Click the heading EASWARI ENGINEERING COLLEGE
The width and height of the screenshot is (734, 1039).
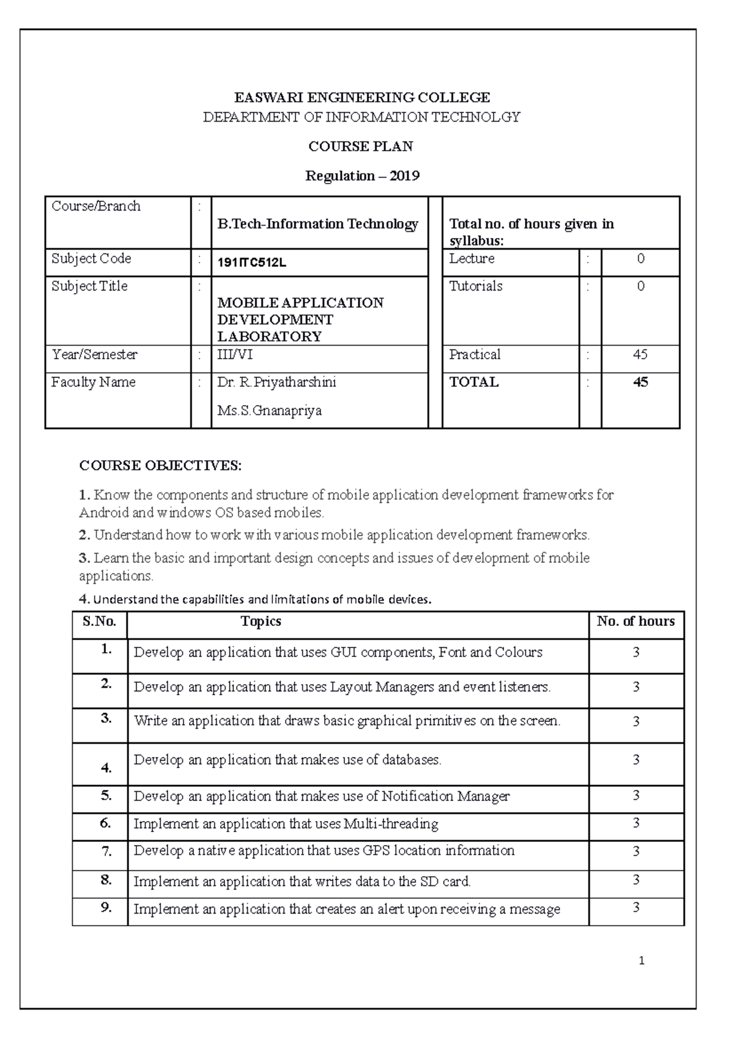point(362,97)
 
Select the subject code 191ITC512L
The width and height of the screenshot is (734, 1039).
point(251,263)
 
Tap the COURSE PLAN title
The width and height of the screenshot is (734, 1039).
point(360,146)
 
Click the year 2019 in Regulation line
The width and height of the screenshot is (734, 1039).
point(404,176)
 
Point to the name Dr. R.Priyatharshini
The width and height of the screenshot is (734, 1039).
point(276,382)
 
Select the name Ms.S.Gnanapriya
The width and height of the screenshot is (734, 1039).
point(269,411)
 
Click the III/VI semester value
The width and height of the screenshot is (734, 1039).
point(235,355)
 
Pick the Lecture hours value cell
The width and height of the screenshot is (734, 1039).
point(640,259)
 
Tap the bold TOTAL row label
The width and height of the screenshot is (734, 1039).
point(474,382)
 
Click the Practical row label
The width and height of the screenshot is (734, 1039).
point(475,355)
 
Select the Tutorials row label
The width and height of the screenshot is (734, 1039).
point(475,286)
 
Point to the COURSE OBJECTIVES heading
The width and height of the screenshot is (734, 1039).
point(160,466)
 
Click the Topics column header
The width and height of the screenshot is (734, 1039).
point(261,622)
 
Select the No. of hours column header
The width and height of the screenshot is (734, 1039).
point(636,622)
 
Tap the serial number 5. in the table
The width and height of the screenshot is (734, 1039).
point(106,795)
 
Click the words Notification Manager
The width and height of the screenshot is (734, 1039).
point(445,797)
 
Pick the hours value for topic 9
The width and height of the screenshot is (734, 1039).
point(636,907)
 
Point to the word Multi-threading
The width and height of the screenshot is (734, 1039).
point(391,824)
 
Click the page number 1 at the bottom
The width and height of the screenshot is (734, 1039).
point(641,961)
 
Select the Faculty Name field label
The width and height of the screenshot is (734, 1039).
point(93,382)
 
